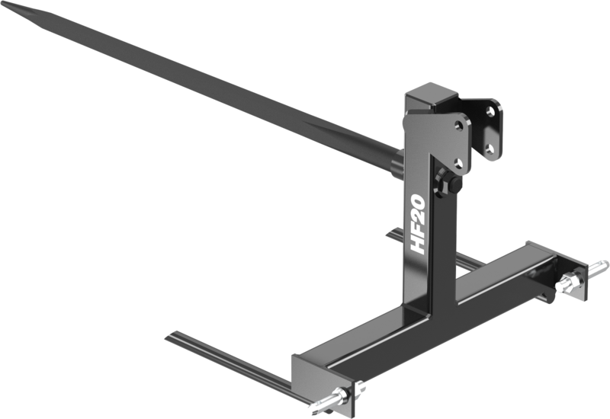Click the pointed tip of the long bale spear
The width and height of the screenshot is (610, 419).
click(x=8, y=7)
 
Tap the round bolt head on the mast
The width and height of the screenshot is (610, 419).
click(x=444, y=184)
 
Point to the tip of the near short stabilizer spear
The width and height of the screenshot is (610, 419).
click(x=169, y=335)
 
